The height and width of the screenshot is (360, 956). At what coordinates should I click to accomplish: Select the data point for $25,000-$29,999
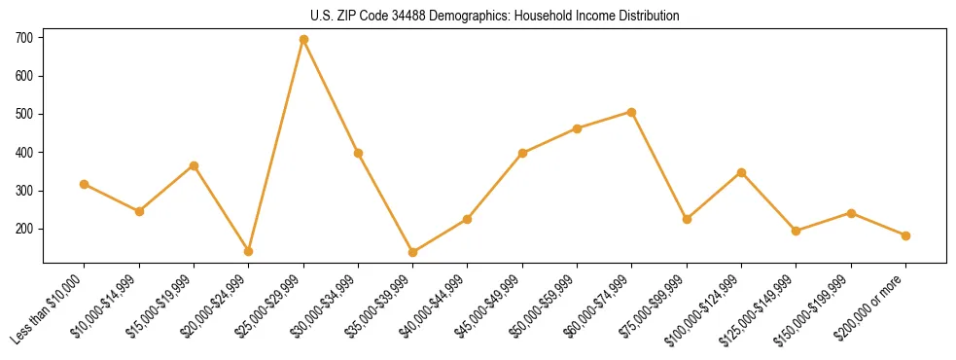tap(303, 40)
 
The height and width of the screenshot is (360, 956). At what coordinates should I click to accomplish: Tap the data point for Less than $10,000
tap(85, 184)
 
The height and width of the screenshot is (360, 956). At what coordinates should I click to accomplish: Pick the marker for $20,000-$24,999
tap(249, 251)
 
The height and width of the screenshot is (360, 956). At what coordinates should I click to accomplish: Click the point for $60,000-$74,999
tap(632, 112)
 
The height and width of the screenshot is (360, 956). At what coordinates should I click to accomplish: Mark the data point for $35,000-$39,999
tap(413, 252)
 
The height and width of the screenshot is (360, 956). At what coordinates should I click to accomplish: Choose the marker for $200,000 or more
tap(905, 235)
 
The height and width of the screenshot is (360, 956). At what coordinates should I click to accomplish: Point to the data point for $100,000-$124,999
tap(741, 172)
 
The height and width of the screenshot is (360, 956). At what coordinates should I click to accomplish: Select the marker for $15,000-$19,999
tap(194, 165)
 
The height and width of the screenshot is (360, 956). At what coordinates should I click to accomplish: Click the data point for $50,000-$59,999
tap(578, 127)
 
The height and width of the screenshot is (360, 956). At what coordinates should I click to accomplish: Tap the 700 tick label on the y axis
tap(24, 38)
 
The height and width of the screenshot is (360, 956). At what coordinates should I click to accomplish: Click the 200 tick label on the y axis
tap(24, 229)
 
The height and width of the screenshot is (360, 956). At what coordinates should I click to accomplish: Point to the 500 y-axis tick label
tap(24, 114)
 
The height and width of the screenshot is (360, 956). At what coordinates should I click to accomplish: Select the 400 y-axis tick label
tap(24, 153)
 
